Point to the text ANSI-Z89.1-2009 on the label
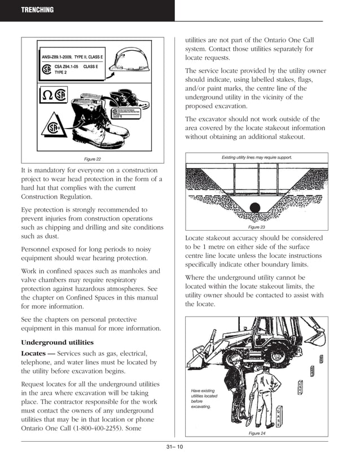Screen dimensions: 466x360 coord(59,57)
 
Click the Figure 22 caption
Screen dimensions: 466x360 coord(93,159)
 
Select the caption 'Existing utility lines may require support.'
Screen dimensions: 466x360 coord(257,157)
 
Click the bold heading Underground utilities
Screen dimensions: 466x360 coord(58,342)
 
